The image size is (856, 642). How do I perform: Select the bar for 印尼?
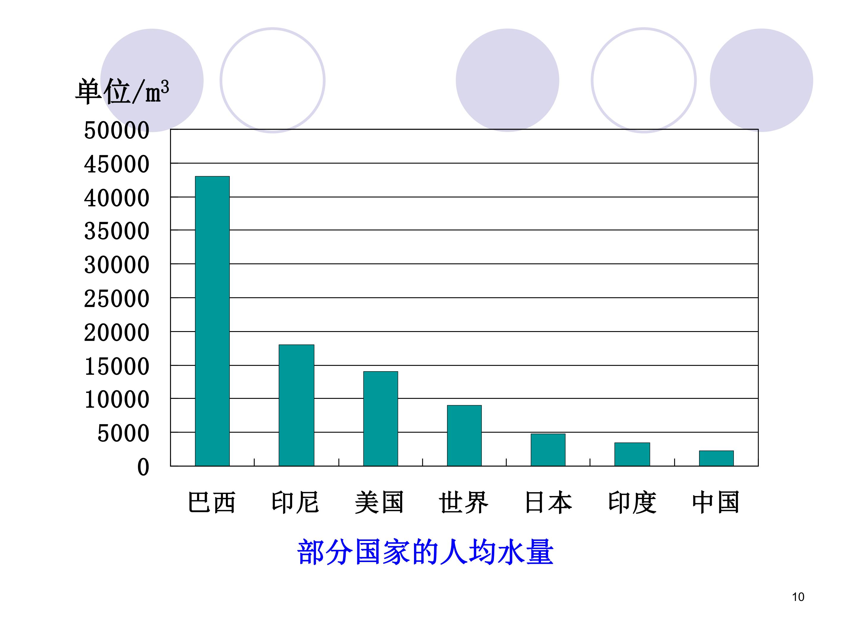(296, 405)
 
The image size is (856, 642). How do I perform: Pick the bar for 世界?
(464, 435)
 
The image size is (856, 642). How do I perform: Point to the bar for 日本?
(548, 450)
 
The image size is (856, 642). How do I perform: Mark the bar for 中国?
(716, 458)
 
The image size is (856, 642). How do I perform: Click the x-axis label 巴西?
(212, 502)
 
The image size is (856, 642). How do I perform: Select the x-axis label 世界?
(464, 502)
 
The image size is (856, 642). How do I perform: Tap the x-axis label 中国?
(716, 502)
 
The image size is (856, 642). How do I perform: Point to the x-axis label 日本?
(548, 502)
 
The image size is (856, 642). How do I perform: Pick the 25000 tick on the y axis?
(117, 299)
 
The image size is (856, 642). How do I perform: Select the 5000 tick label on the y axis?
(123, 433)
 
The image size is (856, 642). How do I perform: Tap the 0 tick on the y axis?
(143, 467)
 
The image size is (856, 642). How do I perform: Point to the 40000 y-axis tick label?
(117, 198)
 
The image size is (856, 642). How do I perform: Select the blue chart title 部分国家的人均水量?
(425, 552)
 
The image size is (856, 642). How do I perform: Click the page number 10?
(798, 597)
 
